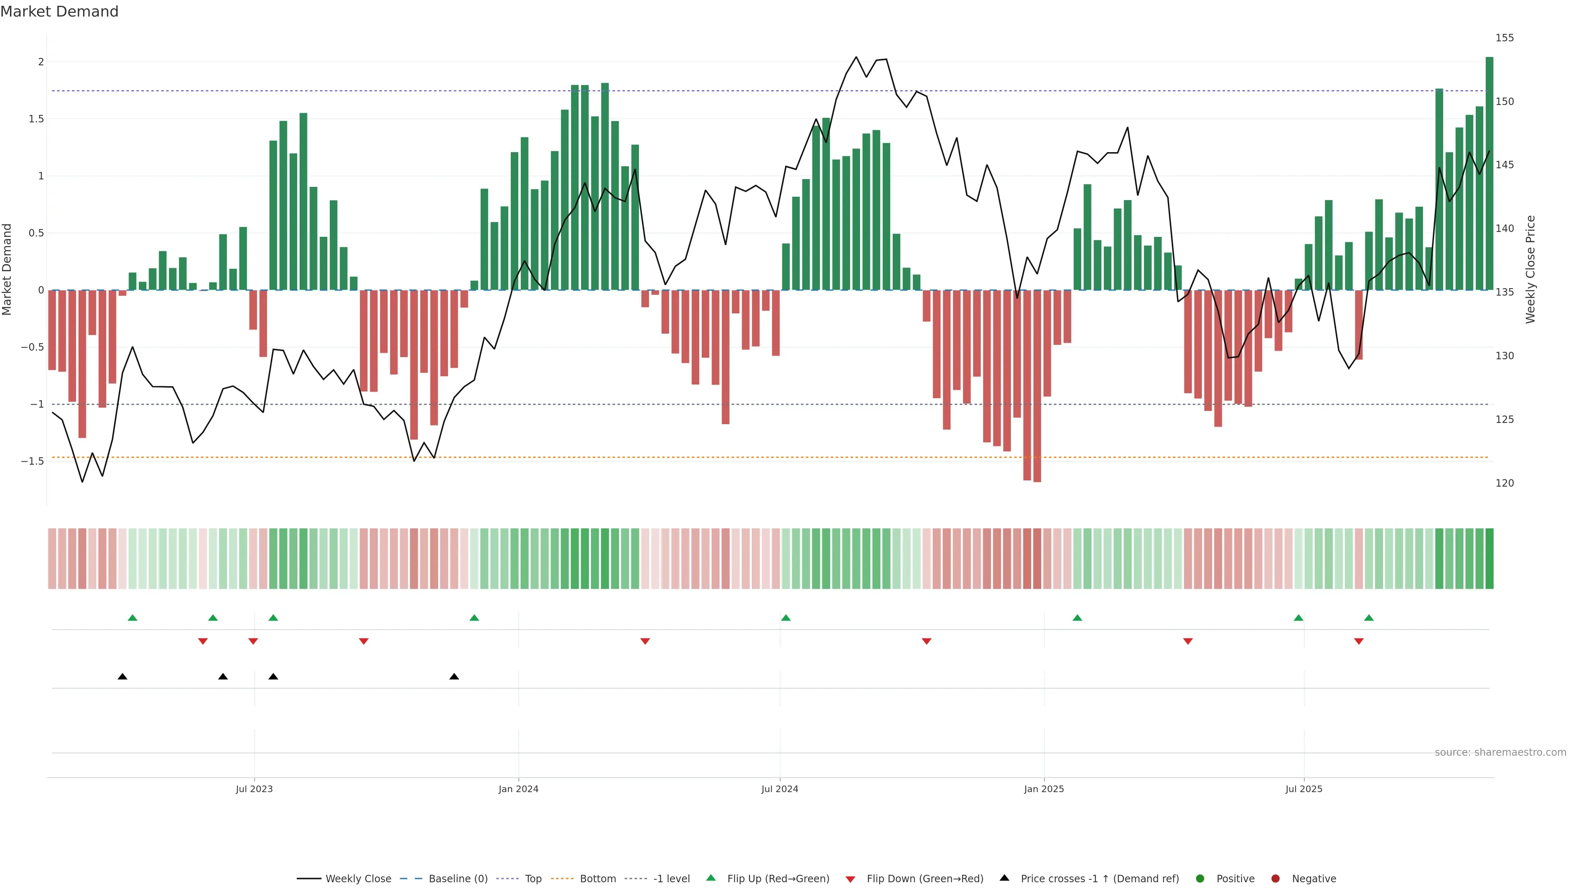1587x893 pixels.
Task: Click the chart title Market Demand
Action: [x=59, y=12]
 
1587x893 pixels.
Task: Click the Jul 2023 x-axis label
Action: [x=254, y=789]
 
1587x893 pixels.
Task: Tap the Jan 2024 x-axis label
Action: [x=518, y=789]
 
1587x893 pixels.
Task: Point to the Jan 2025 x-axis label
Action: [x=1044, y=789]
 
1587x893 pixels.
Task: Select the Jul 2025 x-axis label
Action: [x=1303, y=789]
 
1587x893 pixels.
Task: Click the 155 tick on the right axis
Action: [x=1504, y=38]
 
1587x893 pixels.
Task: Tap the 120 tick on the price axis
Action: [x=1504, y=483]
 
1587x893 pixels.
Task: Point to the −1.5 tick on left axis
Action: [x=32, y=461]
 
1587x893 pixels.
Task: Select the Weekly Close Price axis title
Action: [x=1530, y=269]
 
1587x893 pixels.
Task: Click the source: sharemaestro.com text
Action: [x=1500, y=752]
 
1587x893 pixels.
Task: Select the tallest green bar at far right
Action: [x=1489, y=172]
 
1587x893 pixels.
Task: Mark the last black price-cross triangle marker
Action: [x=454, y=677]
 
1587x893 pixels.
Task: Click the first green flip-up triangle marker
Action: [x=132, y=618]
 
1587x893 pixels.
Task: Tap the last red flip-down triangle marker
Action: [x=1358, y=642]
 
